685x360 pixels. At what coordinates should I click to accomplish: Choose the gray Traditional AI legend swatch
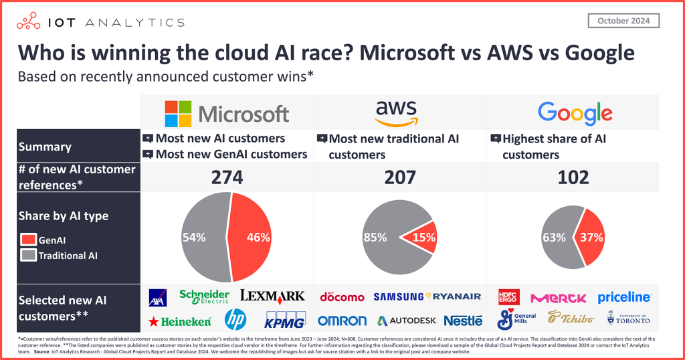(29, 255)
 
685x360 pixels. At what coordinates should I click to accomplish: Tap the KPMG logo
(286, 319)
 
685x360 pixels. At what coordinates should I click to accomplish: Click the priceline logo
(623, 296)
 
